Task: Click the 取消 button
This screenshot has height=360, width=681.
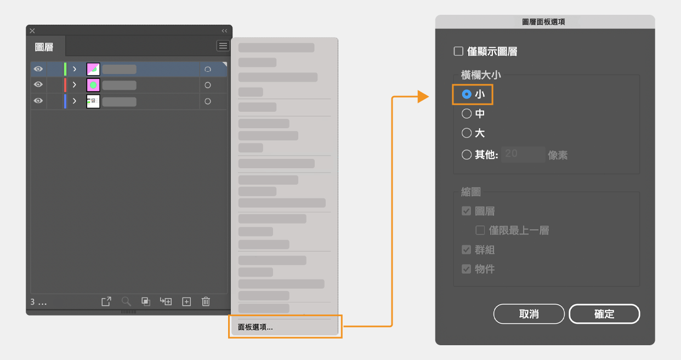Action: coord(529,314)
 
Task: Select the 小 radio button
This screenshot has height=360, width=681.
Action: coord(467,94)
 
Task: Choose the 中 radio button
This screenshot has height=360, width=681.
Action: coord(467,113)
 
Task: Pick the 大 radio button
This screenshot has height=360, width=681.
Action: coord(467,133)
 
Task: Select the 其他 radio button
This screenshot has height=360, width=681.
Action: coord(467,155)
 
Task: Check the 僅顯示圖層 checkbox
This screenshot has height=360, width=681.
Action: coord(458,51)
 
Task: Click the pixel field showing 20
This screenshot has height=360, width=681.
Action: coord(523,154)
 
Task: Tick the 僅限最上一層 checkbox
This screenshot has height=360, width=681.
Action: coord(480,230)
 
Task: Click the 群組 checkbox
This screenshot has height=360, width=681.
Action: coord(467,250)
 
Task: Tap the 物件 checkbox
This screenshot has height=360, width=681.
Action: coord(467,269)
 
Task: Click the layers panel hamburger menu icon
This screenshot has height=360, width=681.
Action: coord(223,46)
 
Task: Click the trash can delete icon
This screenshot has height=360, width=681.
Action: coord(206,301)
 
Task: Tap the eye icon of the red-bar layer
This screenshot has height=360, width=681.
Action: coord(38,84)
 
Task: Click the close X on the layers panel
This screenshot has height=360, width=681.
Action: coord(32,31)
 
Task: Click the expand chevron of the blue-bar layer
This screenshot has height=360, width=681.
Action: coord(75,101)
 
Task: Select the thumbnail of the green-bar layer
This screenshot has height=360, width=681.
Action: coord(93,69)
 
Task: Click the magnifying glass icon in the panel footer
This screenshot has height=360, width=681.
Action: coord(126,301)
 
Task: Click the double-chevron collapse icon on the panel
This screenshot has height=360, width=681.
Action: coord(224,31)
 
